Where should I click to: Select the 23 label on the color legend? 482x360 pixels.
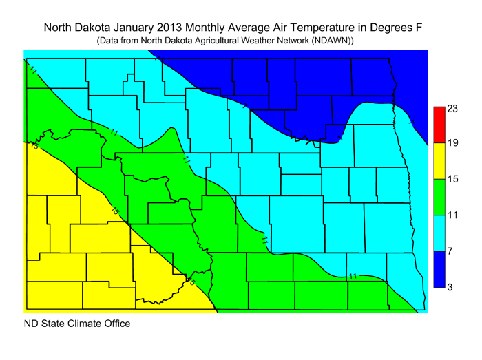point(452,109)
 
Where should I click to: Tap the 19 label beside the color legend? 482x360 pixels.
point(452,144)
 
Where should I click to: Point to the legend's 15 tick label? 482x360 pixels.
point(452,180)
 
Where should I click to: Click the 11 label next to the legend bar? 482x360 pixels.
point(452,215)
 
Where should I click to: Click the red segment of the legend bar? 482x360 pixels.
point(439,125)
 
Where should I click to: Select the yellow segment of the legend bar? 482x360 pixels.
point(439,161)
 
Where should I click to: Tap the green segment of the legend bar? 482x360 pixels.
point(439,197)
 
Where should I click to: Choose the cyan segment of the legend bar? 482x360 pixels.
point(439,233)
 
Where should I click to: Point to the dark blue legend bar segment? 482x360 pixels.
point(439,268)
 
